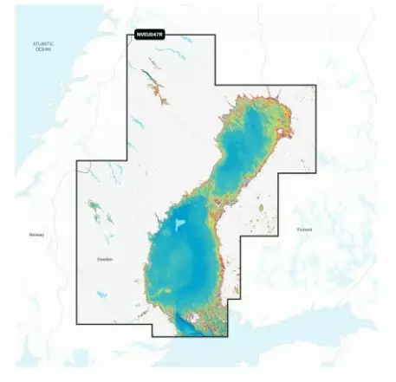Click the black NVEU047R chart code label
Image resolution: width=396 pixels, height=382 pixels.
click(x=149, y=36)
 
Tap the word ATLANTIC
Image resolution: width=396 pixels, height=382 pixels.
click(x=42, y=42)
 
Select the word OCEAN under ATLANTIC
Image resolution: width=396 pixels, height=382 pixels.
click(x=42, y=49)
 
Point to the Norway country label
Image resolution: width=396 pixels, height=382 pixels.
click(x=36, y=235)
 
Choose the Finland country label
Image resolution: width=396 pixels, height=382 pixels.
click(x=303, y=230)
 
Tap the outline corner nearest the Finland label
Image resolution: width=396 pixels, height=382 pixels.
click(x=279, y=235)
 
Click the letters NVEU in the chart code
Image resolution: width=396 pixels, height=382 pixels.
click(x=144, y=36)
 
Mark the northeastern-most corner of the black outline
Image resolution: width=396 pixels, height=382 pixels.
click(x=315, y=86)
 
